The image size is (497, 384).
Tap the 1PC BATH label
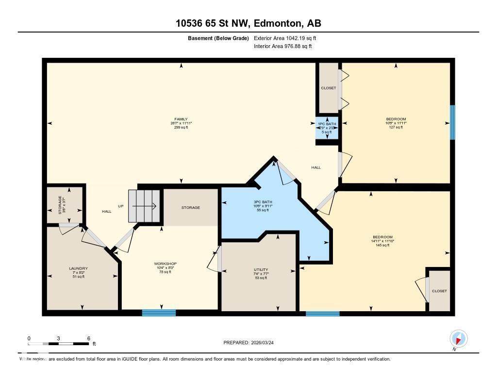(x=327, y=124)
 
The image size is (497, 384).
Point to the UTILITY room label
(x=261, y=270)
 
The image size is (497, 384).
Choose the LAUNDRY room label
(x=78, y=268)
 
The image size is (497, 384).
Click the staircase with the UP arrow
(x=144, y=206)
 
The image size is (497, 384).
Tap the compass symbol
(x=458, y=338)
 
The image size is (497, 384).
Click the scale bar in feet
(x=58, y=343)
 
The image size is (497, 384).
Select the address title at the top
(x=248, y=23)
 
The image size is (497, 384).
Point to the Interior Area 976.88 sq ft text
(x=283, y=47)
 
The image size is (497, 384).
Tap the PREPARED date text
(x=251, y=342)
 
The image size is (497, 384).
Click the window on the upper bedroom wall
(x=452, y=122)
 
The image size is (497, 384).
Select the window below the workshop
(x=159, y=313)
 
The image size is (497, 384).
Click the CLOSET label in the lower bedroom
(x=439, y=291)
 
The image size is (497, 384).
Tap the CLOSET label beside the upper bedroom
(x=328, y=88)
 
